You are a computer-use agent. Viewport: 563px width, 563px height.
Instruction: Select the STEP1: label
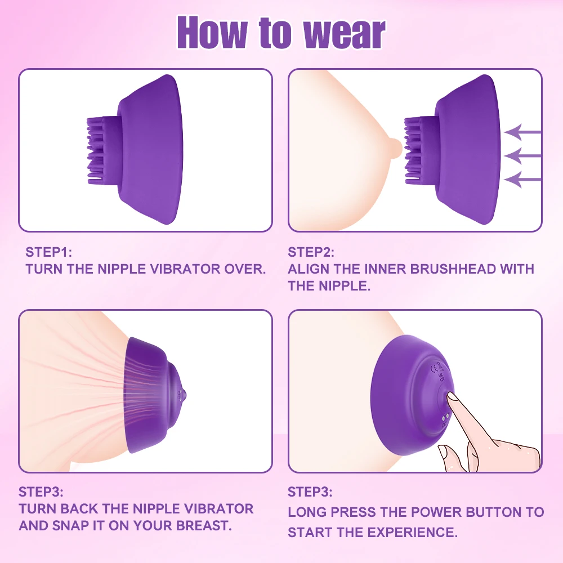(x=49, y=252)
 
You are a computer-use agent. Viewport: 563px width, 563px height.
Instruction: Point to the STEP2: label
(x=311, y=252)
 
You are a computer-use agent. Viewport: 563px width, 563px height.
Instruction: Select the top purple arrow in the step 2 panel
(x=522, y=132)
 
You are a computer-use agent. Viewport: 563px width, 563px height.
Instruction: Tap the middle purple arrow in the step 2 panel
(x=522, y=155)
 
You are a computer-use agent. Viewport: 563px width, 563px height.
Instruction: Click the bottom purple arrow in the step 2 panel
(x=522, y=180)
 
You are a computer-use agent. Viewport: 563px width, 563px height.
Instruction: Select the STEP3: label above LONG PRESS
(x=310, y=492)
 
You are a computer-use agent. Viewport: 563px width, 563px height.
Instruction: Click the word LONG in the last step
(x=307, y=512)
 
